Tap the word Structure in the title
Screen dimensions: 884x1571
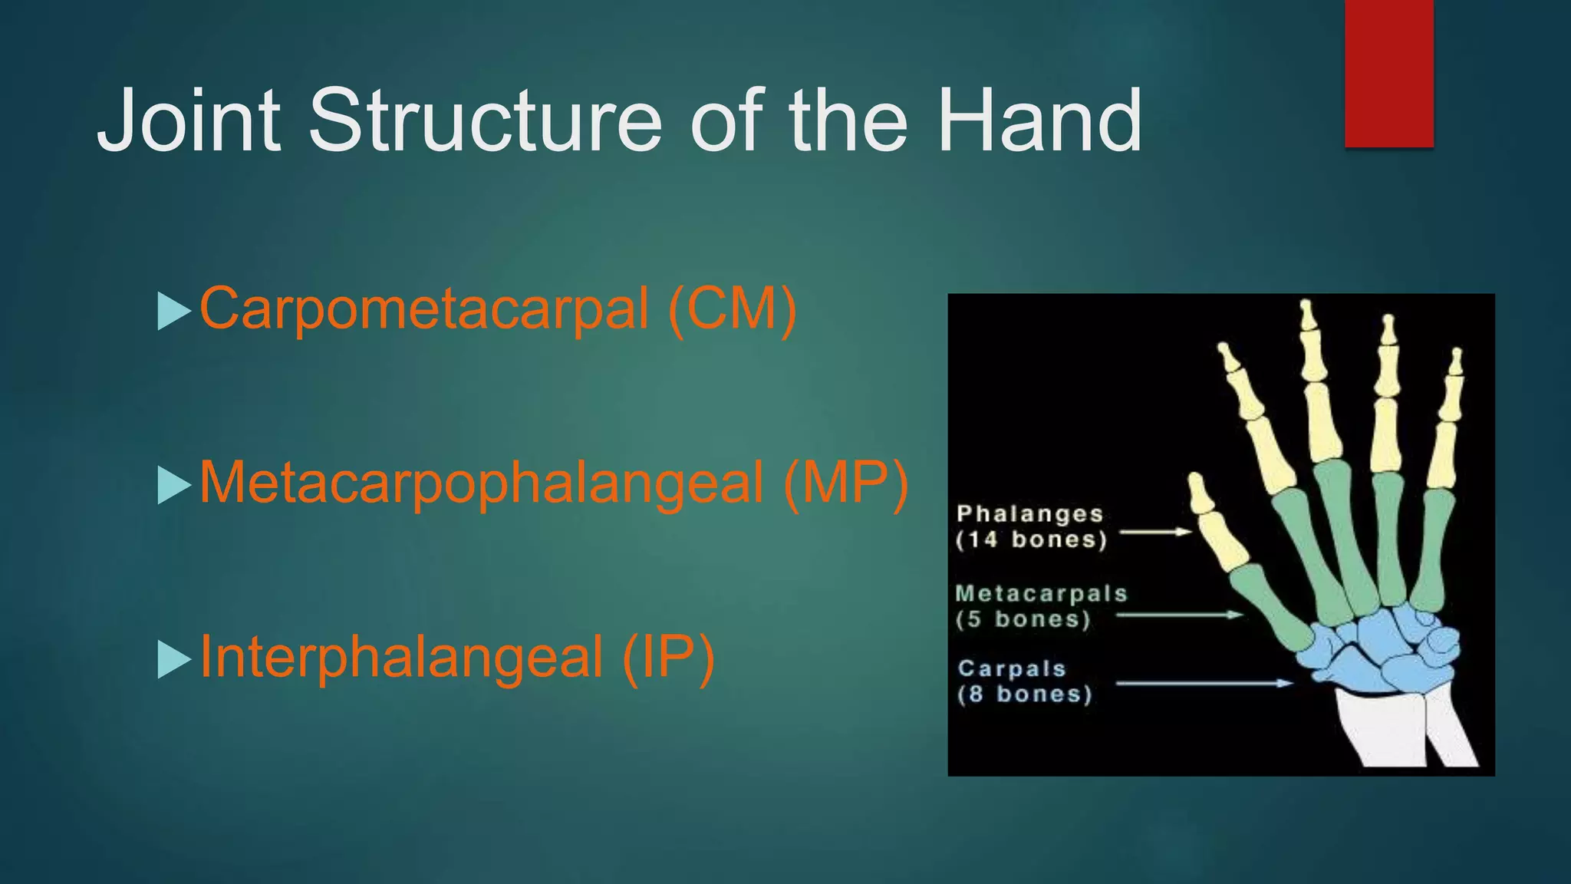click(485, 121)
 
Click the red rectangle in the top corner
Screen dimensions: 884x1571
click(1388, 73)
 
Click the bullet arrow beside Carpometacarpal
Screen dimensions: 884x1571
click(173, 311)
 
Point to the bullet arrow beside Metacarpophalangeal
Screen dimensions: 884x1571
click(173, 485)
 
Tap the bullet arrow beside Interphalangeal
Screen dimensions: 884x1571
click(173, 659)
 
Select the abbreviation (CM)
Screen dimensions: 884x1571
click(732, 309)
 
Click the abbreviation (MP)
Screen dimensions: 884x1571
click(845, 483)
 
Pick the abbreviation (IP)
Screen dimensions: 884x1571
click(667, 658)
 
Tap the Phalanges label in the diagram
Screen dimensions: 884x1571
click(1029, 513)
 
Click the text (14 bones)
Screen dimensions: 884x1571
click(1031, 539)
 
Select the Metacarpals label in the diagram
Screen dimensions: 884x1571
click(1041, 593)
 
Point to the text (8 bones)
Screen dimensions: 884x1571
click(1024, 694)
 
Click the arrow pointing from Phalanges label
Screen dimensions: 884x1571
click(1154, 531)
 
